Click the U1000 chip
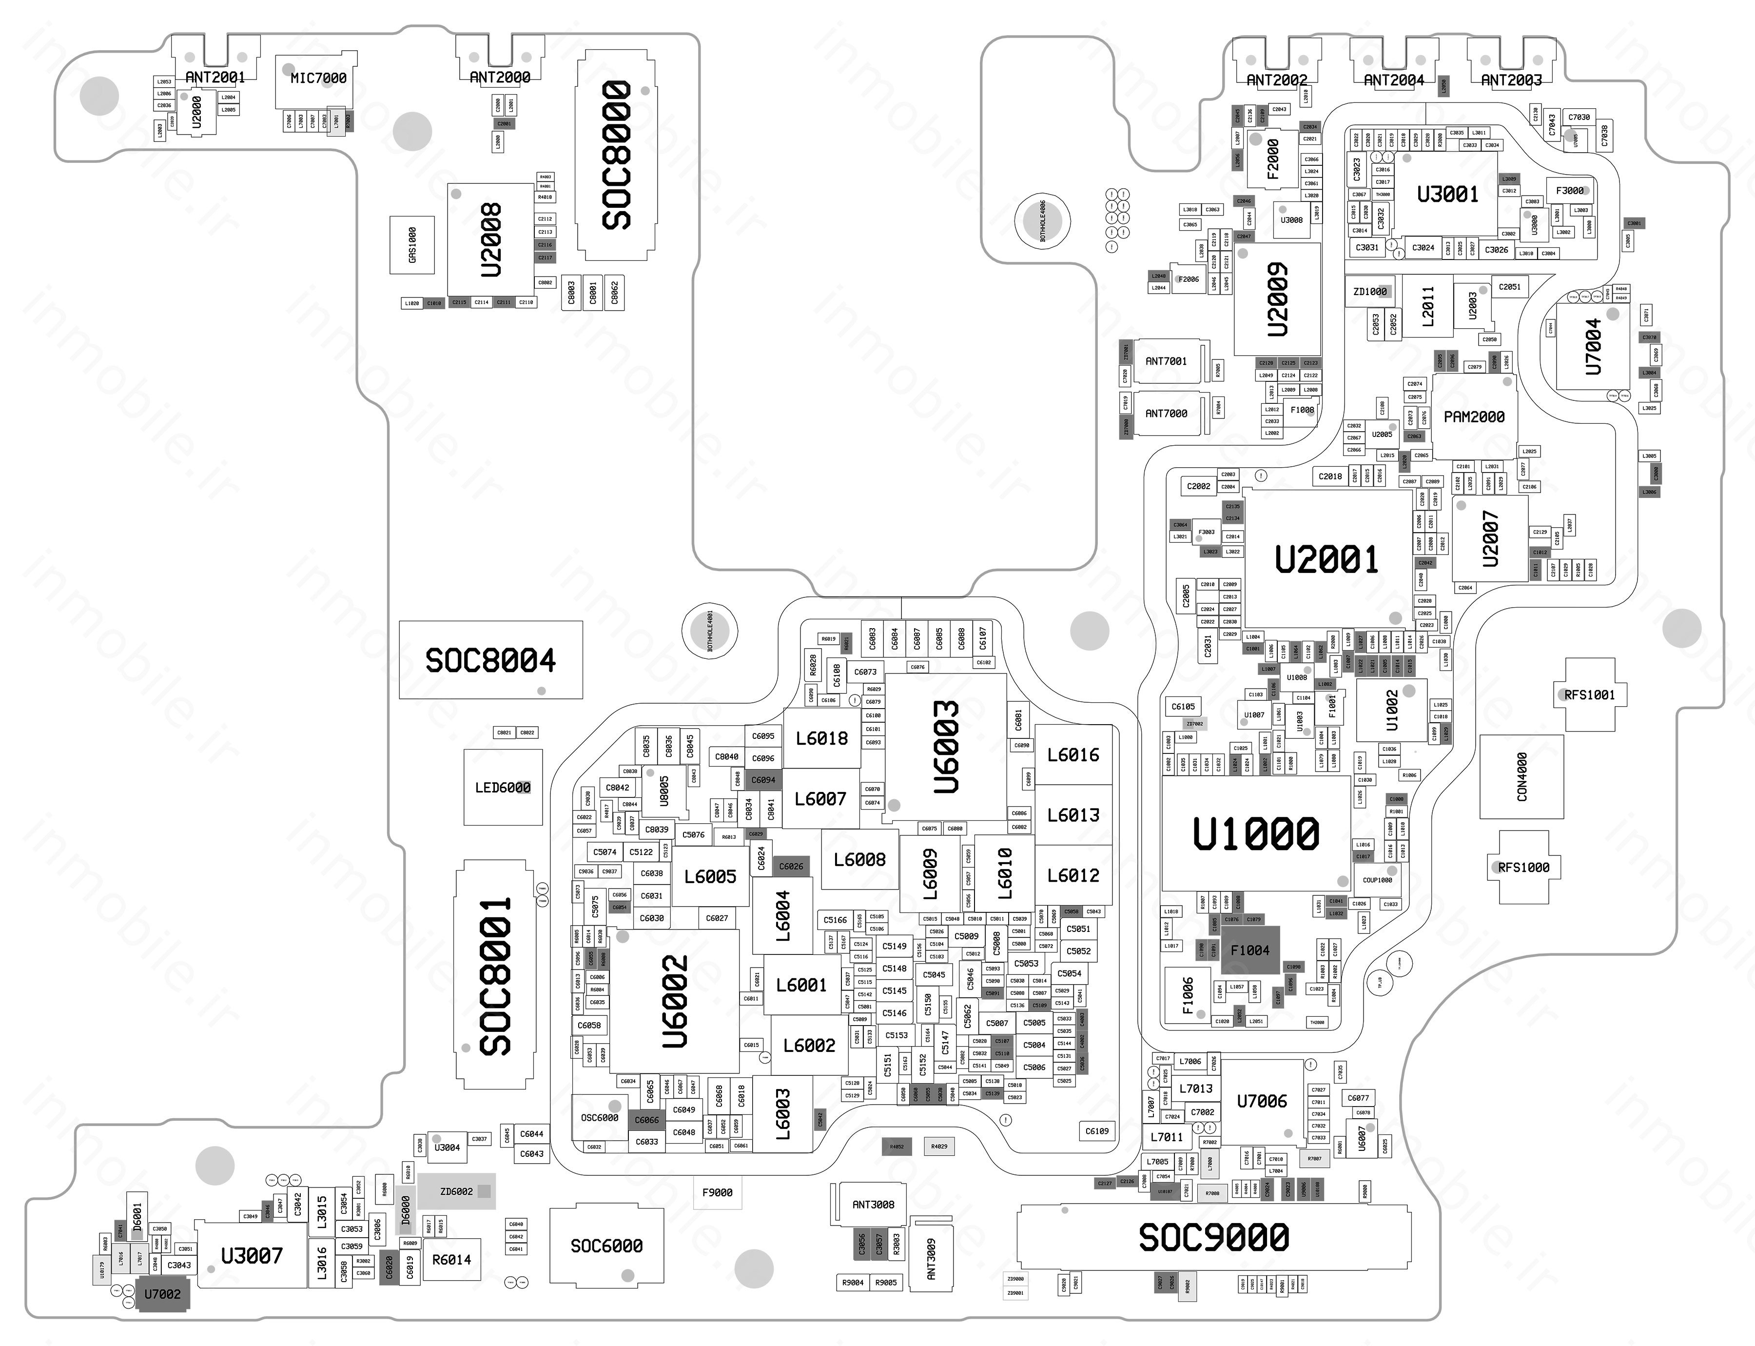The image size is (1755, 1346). tap(1255, 833)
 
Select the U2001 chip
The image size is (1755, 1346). tap(1326, 558)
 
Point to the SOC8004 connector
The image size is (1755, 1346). tap(490, 660)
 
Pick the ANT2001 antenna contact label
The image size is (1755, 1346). tap(214, 77)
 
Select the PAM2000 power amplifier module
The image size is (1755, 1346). tap(1474, 416)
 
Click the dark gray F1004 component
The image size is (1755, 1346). tap(1249, 950)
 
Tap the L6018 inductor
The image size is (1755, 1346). tap(821, 738)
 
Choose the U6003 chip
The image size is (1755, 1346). tap(945, 747)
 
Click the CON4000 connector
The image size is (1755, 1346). tap(1521, 776)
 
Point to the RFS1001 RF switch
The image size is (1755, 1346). tap(1589, 694)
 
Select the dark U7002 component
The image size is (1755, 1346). tap(163, 1294)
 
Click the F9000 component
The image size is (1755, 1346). tap(717, 1192)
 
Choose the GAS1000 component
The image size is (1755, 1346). tap(412, 244)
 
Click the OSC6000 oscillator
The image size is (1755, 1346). tap(599, 1117)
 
